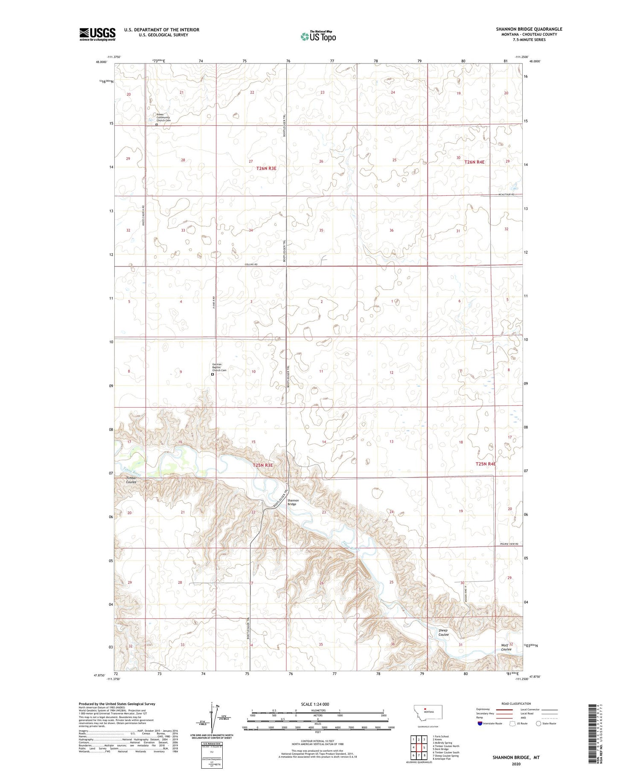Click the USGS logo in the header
[x=97, y=34]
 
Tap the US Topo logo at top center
[x=318, y=36]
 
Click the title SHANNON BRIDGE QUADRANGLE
[x=529, y=29]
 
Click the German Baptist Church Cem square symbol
[x=212, y=374]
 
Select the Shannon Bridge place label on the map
[x=293, y=502]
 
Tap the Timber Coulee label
[x=131, y=480]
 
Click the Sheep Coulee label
[x=443, y=632]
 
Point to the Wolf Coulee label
[x=506, y=647]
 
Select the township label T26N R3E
[x=266, y=168]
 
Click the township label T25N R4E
[x=486, y=463]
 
